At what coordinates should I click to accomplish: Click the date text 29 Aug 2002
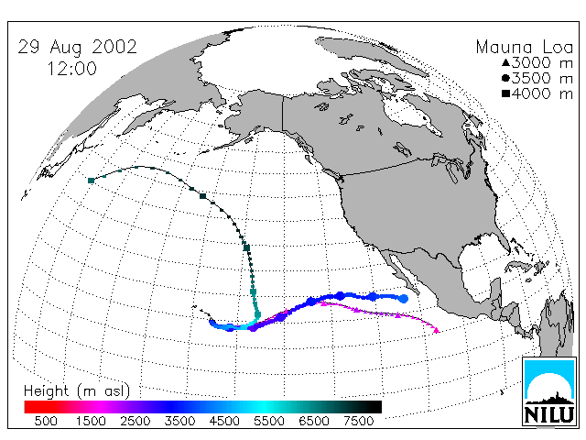click(77, 47)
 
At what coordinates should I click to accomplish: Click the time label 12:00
click(72, 69)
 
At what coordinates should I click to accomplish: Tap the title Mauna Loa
click(525, 47)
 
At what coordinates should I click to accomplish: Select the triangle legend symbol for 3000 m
click(505, 62)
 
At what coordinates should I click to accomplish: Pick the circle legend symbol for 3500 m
click(505, 78)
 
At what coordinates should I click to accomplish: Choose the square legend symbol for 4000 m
click(505, 93)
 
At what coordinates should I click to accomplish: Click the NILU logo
click(549, 391)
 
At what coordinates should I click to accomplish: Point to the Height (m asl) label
click(77, 391)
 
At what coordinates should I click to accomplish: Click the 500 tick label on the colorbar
click(46, 421)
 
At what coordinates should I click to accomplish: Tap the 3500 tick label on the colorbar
click(179, 421)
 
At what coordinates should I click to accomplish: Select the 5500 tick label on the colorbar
click(269, 421)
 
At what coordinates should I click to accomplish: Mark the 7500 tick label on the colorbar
click(358, 421)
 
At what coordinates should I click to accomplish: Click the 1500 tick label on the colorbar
click(91, 421)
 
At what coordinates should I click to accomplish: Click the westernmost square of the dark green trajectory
click(91, 181)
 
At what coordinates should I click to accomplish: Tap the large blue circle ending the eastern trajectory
click(404, 299)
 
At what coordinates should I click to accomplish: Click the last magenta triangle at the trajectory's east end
click(437, 330)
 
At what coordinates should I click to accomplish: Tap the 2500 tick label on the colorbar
click(136, 421)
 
